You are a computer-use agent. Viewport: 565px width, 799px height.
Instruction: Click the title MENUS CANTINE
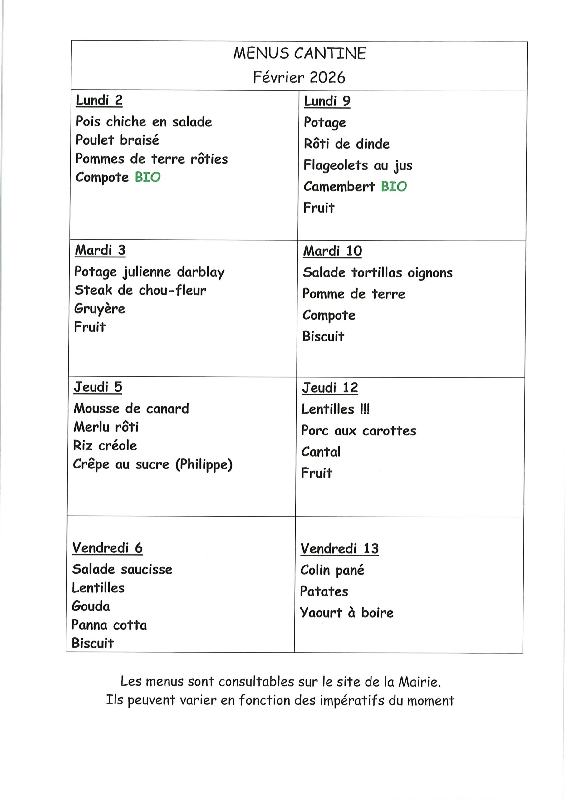tap(299, 54)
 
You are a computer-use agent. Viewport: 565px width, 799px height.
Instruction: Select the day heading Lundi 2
tap(99, 100)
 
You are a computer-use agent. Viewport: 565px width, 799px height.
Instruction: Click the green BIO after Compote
tap(148, 177)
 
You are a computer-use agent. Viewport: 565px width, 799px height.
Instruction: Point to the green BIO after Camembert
tap(394, 187)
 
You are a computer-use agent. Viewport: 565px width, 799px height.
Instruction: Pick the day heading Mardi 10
tap(332, 251)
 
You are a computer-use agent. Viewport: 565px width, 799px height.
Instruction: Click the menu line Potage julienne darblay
tap(149, 272)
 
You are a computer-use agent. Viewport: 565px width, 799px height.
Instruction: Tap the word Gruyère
tap(100, 309)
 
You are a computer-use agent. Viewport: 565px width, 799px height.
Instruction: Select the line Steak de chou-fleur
tap(140, 290)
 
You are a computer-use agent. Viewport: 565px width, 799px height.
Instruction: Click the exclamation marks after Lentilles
tap(365, 409)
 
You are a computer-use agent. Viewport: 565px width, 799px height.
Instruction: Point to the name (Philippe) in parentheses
tap(204, 465)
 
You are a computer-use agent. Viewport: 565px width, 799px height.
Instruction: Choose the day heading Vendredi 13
tap(339, 549)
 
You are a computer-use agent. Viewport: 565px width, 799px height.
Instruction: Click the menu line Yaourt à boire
tap(347, 613)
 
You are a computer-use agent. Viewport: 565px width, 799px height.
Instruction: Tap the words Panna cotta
tap(109, 625)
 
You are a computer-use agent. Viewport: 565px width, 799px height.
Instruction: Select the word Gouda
tap(91, 606)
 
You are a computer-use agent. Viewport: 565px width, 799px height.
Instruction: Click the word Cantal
tap(321, 452)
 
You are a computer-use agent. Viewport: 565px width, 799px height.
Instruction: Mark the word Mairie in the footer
tap(419, 682)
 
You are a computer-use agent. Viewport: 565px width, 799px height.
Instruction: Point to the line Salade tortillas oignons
tap(378, 273)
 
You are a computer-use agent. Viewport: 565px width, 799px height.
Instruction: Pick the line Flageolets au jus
tap(358, 166)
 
